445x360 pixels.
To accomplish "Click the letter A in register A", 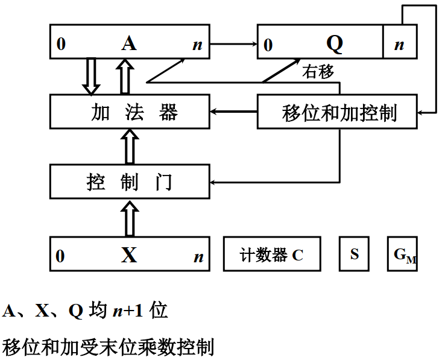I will pos(128,43).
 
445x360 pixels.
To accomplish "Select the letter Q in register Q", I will pos(334,43).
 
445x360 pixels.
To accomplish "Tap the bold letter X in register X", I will pos(129,255).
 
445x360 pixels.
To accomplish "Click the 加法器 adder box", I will pos(130,112).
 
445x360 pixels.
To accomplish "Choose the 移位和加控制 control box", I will pos(337,112).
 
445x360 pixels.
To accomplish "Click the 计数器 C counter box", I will pos(272,254).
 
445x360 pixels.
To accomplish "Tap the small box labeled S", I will pos(355,254).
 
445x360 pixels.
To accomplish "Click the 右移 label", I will pos(318,72).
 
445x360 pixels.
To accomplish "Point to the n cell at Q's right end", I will pos(399,44).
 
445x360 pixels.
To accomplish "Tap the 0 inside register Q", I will pos(268,45).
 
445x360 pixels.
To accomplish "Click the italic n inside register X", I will pos(198,257).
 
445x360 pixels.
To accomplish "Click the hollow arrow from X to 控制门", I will pos(130,218).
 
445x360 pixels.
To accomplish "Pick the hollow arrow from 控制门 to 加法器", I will pos(130,147).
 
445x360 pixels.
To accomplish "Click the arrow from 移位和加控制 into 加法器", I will pos(233,112).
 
